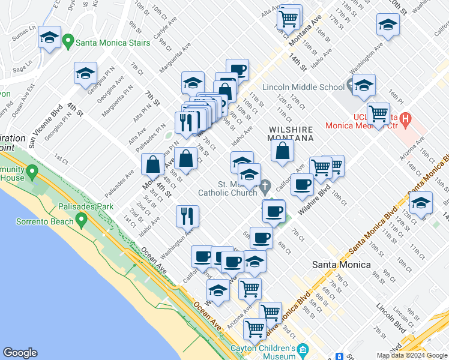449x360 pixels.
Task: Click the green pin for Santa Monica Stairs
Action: [x=68, y=41]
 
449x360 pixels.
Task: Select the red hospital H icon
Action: [x=405, y=119]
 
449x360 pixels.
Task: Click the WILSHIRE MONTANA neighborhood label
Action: [x=291, y=133]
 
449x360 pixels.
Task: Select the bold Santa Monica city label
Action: [x=340, y=264]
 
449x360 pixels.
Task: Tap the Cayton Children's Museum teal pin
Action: [x=303, y=349]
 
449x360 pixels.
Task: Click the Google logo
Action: [x=20, y=353]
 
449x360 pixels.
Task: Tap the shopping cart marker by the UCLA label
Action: [x=378, y=112]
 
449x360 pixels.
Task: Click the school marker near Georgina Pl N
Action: [x=85, y=73]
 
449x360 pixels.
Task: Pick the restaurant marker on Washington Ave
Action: [x=187, y=215]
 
